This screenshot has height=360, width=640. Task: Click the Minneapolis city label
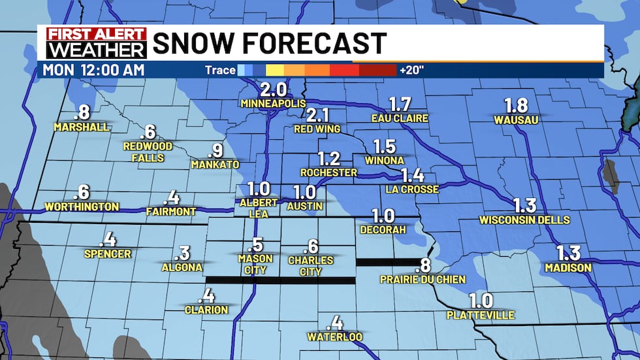(273, 104)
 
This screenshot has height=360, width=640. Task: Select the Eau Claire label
(400, 118)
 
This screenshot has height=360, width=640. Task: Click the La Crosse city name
(412, 189)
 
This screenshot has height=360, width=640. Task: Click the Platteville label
(481, 316)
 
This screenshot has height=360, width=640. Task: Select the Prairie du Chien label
(423, 280)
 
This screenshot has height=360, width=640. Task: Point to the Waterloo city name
(335, 337)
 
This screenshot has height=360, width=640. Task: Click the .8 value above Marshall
(82, 112)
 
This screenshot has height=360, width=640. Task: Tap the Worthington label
(82, 207)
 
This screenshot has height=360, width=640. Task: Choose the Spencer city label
(108, 254)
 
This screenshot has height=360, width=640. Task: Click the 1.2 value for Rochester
(329, 158)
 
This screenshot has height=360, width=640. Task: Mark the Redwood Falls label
(148, 151)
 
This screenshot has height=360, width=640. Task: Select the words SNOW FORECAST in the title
(269, 44)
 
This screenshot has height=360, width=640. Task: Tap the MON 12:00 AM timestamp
(93, 70)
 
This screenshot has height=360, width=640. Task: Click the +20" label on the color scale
(411, 70)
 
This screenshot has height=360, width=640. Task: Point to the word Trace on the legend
(220, 70)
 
